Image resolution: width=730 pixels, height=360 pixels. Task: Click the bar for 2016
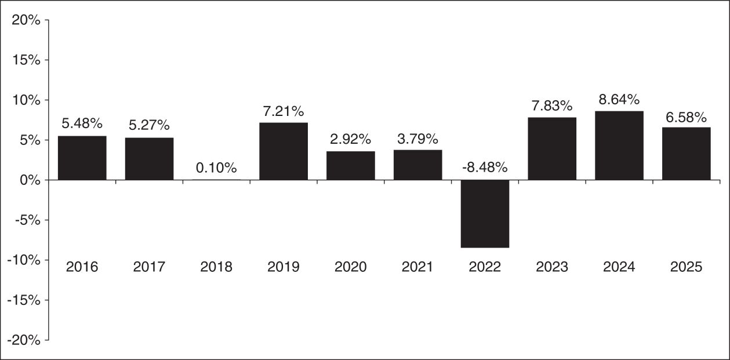pos(82,158)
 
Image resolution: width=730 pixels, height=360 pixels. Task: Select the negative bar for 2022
pos(485,214)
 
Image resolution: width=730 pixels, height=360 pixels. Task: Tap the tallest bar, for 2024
pos(619,146)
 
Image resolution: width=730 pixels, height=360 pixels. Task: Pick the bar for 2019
pos(284,151)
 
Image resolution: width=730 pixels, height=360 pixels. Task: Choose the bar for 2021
pos(418,165)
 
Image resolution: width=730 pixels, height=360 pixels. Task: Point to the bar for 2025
pos(687,154)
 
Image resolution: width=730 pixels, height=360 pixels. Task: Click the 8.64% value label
pos(619,100)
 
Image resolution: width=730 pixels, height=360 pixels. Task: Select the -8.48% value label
pos(485,168)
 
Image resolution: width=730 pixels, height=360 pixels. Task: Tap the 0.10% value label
pos(216,168)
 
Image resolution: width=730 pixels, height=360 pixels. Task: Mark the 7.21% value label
pos(284,111)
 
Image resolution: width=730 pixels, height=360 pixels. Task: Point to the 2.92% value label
pos(351,139)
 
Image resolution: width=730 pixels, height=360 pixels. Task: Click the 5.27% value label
pos(149,125)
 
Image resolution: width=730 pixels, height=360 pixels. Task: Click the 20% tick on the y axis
pos(26,20)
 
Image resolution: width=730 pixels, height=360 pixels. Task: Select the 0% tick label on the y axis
pos(30,180)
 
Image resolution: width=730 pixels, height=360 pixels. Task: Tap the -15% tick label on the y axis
pos(24,300)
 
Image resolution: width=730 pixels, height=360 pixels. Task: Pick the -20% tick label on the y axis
pos(24,340)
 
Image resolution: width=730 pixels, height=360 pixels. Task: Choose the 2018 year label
pos(216,267)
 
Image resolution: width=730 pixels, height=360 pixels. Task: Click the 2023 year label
pos(552,267)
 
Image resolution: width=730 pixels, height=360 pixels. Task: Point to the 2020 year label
pos(351,267)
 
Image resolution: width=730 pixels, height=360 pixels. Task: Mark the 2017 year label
pos(149,267)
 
